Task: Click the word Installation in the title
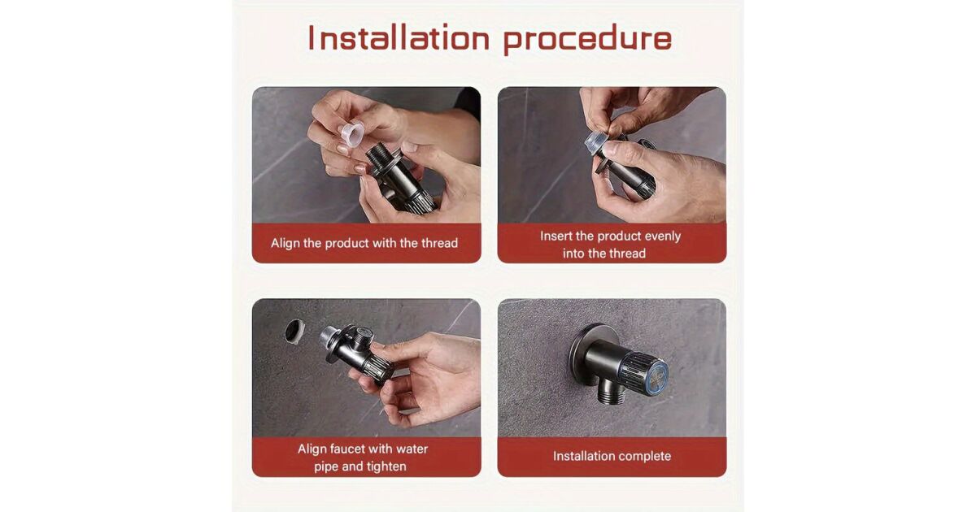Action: click(x=399, y=38)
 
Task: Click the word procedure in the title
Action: click(x=588, y=39)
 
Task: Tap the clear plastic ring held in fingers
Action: click(x=351, y=132)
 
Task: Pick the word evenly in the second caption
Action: click(x=662, y=236)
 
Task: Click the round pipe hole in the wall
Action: click(x=295, y=332)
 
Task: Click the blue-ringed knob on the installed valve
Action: click(x=645, y=373)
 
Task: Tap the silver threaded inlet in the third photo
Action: click(x=329, y=336)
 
